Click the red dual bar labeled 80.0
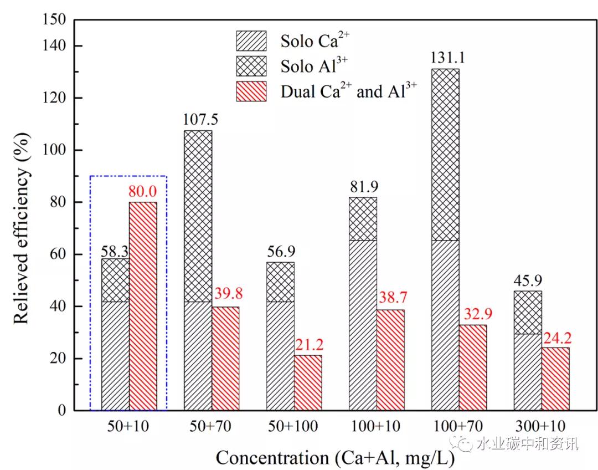[143, 306]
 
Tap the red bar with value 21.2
[308, 382]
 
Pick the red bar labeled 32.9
[473, 367]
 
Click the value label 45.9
[528, 280]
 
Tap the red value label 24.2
[555, 337]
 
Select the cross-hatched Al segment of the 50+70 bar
[198, 216]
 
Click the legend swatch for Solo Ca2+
[251, 41]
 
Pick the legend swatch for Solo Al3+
[251, 66]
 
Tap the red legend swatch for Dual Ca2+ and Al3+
[251, 91]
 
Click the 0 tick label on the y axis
[61, 411]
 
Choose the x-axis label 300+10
[541, 426]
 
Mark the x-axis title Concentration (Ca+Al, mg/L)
[335, 458]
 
